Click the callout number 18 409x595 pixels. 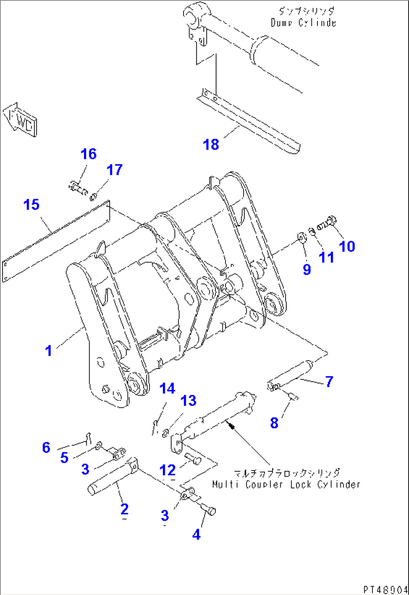[211, 144]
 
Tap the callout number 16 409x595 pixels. [89, 154]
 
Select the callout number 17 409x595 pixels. [114, 170]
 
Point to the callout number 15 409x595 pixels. [31, 205]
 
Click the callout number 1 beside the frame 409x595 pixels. [48, 351]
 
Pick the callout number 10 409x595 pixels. [347, 246]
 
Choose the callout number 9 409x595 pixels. [307, 269]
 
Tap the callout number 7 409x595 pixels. [329, 381]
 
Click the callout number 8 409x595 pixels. [274, 423]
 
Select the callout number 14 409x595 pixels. [167, 388]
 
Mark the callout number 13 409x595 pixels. [188, 401]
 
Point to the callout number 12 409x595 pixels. [167, 470]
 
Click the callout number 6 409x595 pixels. [46, 447]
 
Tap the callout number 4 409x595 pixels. [196, 535]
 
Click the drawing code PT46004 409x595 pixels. [385, 590]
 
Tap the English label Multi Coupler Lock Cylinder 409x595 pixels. [286, 484]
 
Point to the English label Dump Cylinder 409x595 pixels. [303, 23]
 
